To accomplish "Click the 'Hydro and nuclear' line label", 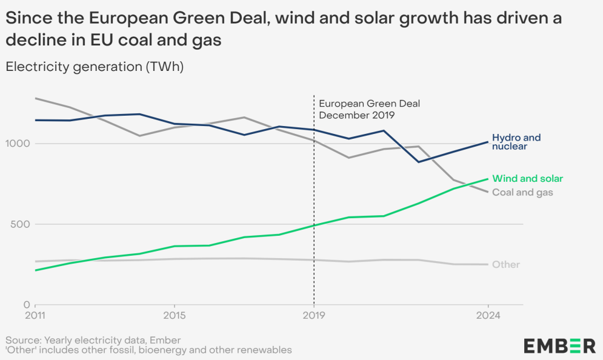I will click(516, 142).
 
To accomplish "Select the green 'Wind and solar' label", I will click(527, 179).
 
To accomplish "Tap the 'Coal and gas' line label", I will click(522, 192).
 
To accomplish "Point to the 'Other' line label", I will click(505, 265).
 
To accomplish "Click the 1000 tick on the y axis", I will click(18, 144).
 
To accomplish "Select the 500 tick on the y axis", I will click(21, 224).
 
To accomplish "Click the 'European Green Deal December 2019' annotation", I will click(369, 109).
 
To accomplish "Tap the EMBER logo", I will click(559, 346).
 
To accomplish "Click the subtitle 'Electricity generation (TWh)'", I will click(95, 67).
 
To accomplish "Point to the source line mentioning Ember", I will click(93, 340).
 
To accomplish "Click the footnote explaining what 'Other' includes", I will click(148, 350).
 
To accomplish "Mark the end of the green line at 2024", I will click(488, 179).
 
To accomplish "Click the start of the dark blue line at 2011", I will click(36, 120).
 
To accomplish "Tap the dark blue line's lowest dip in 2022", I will click(418, 162).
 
